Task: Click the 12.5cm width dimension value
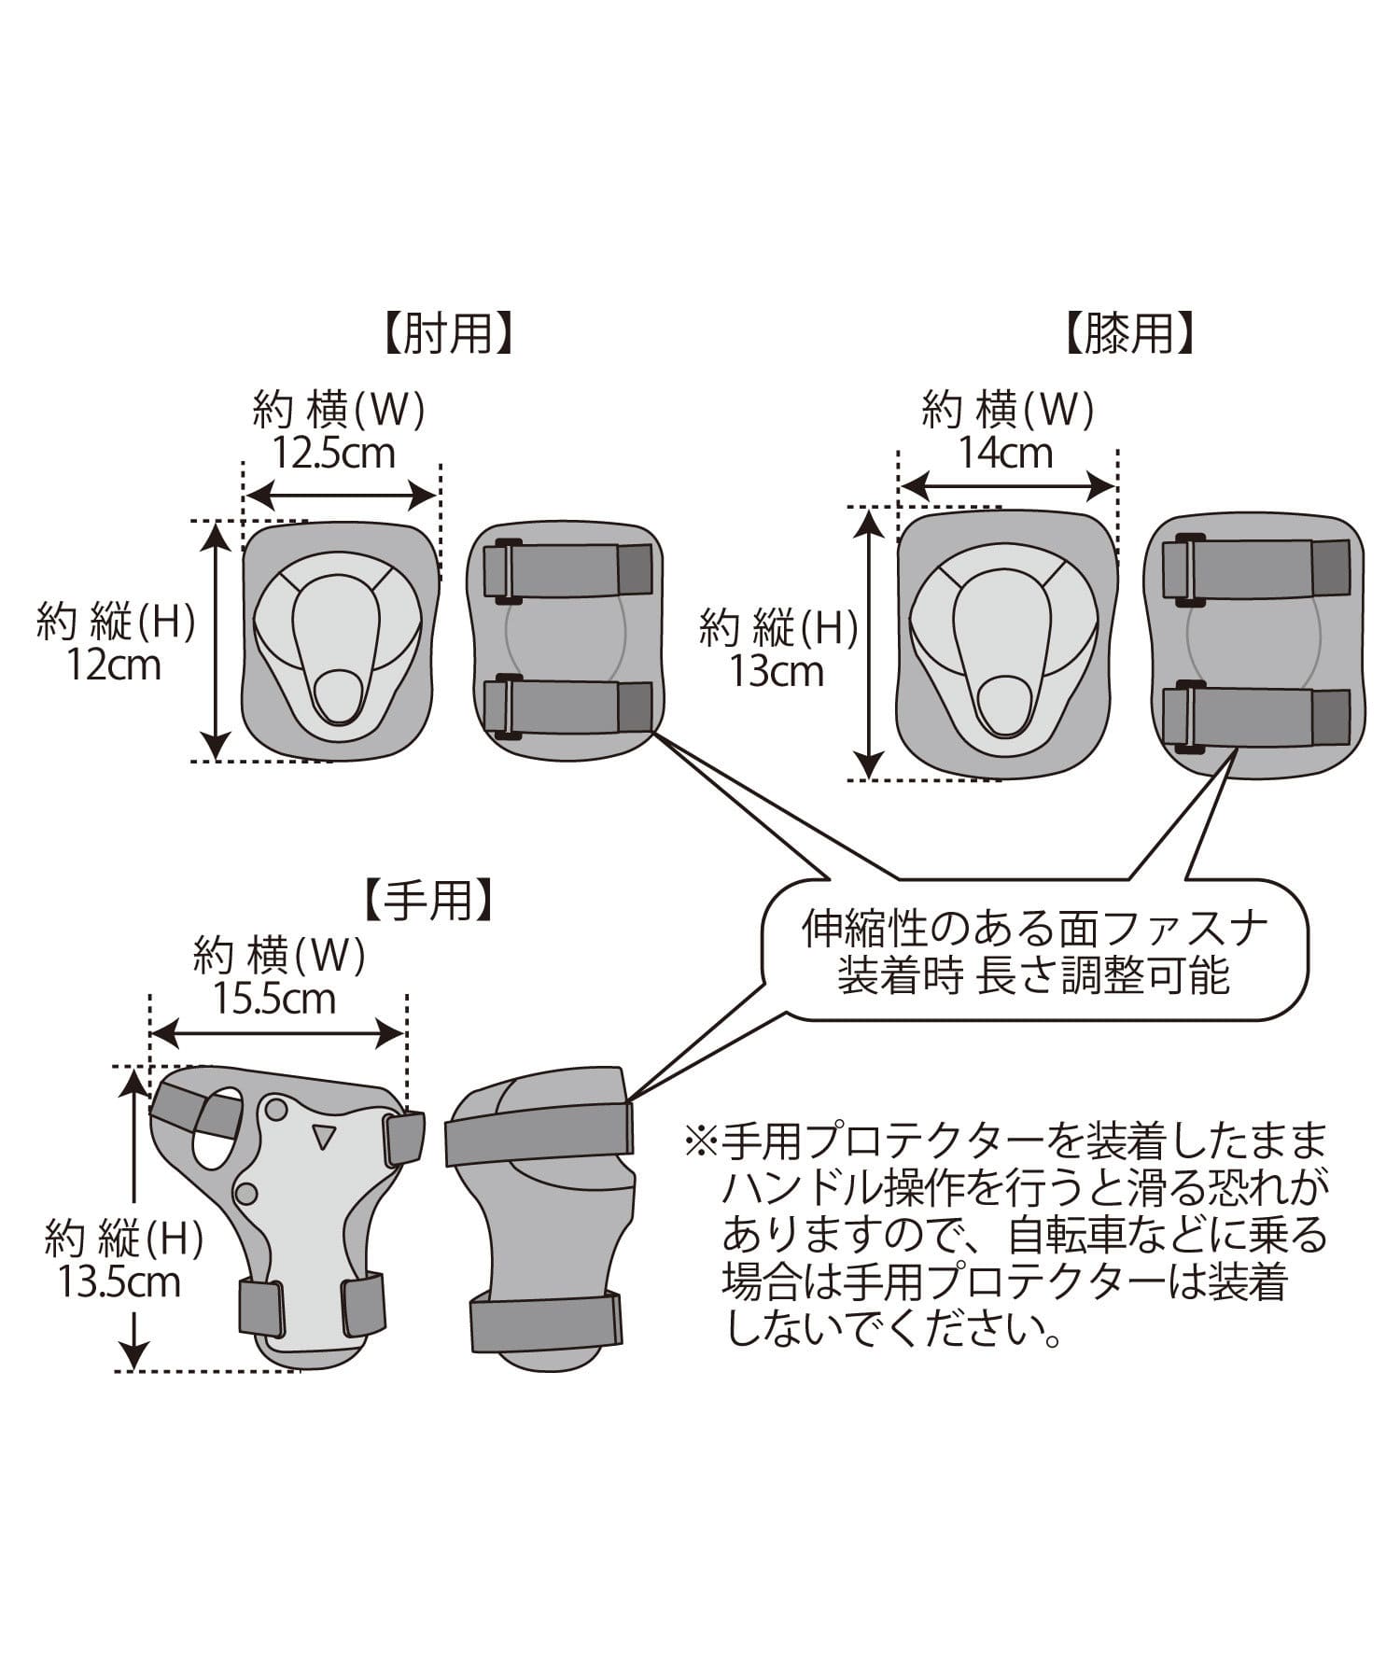[334, 454]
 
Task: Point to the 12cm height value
[114, 665]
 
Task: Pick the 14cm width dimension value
[1006, 454]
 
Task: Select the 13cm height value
[777, 672]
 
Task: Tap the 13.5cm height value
[119, 1282]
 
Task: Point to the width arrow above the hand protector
[277, 1032]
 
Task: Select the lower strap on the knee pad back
[1255, 716]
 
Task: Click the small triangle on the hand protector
[324, 1136]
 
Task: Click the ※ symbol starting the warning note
[699, 1141]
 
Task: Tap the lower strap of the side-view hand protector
[545, 1319]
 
